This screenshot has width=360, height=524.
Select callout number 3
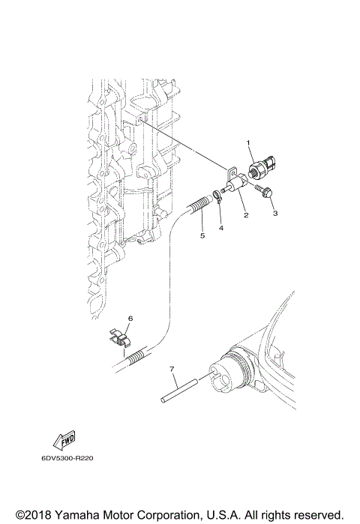click(x=275, y=214)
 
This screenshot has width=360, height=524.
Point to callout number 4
click(x=220, y=226)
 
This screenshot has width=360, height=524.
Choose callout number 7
click(x=172, y=370)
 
